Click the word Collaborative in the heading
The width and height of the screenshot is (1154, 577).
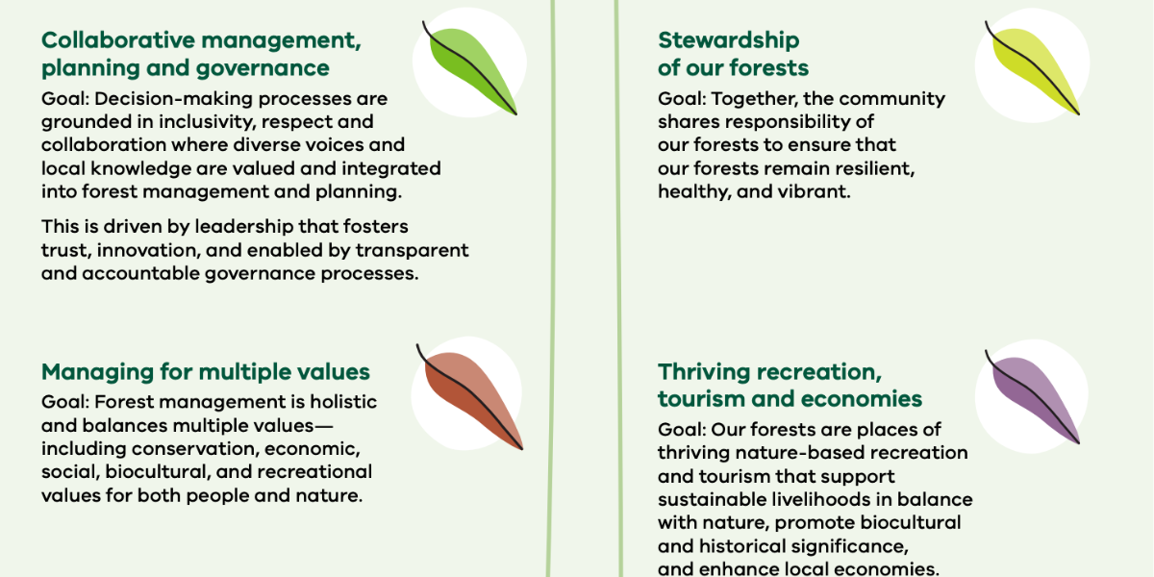pos(118,40)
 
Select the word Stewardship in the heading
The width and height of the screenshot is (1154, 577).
pos(729,41)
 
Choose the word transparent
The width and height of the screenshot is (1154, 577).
pos(413,251)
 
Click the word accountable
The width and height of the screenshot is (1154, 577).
pos(140,273)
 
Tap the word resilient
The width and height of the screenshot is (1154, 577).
pos(875,169)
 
